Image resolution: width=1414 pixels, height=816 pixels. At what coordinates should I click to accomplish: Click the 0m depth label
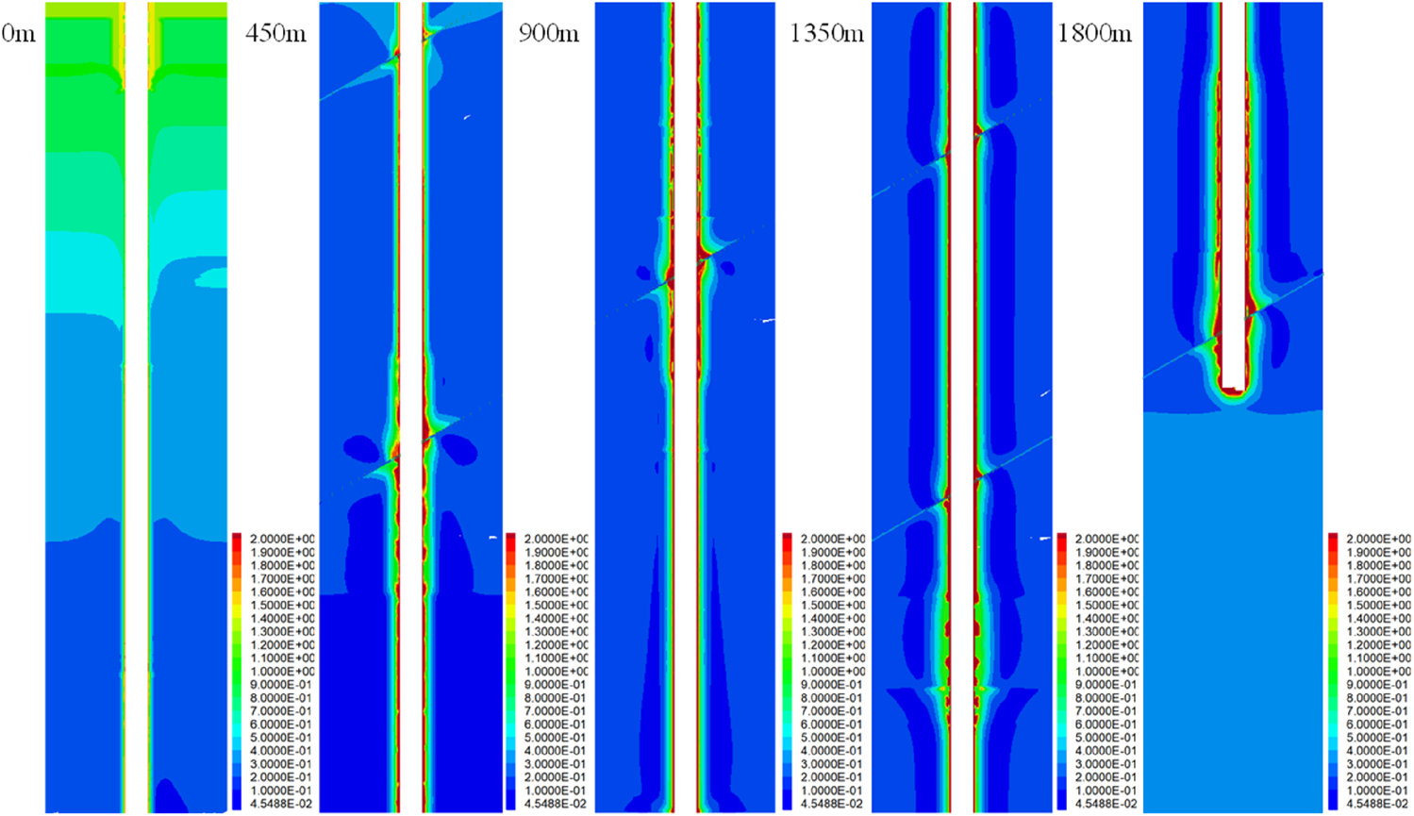[x=19, y=34]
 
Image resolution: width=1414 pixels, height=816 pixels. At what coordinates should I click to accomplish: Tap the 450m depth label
[x=275, y=34]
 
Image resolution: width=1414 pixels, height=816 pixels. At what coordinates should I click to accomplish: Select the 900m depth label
[x=548, y=34]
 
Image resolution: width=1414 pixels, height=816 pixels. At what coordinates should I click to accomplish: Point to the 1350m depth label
[x=826, y=34]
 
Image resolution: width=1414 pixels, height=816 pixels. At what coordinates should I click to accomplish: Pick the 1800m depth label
[x=1094, y=34]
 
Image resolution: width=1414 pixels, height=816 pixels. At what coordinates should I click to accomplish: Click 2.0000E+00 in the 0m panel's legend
[x=279, y=539]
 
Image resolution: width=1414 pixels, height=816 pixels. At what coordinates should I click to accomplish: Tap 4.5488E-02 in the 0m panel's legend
[x=279, y=804]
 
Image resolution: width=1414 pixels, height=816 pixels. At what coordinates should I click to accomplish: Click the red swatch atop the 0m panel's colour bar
[x=237, y=540]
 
